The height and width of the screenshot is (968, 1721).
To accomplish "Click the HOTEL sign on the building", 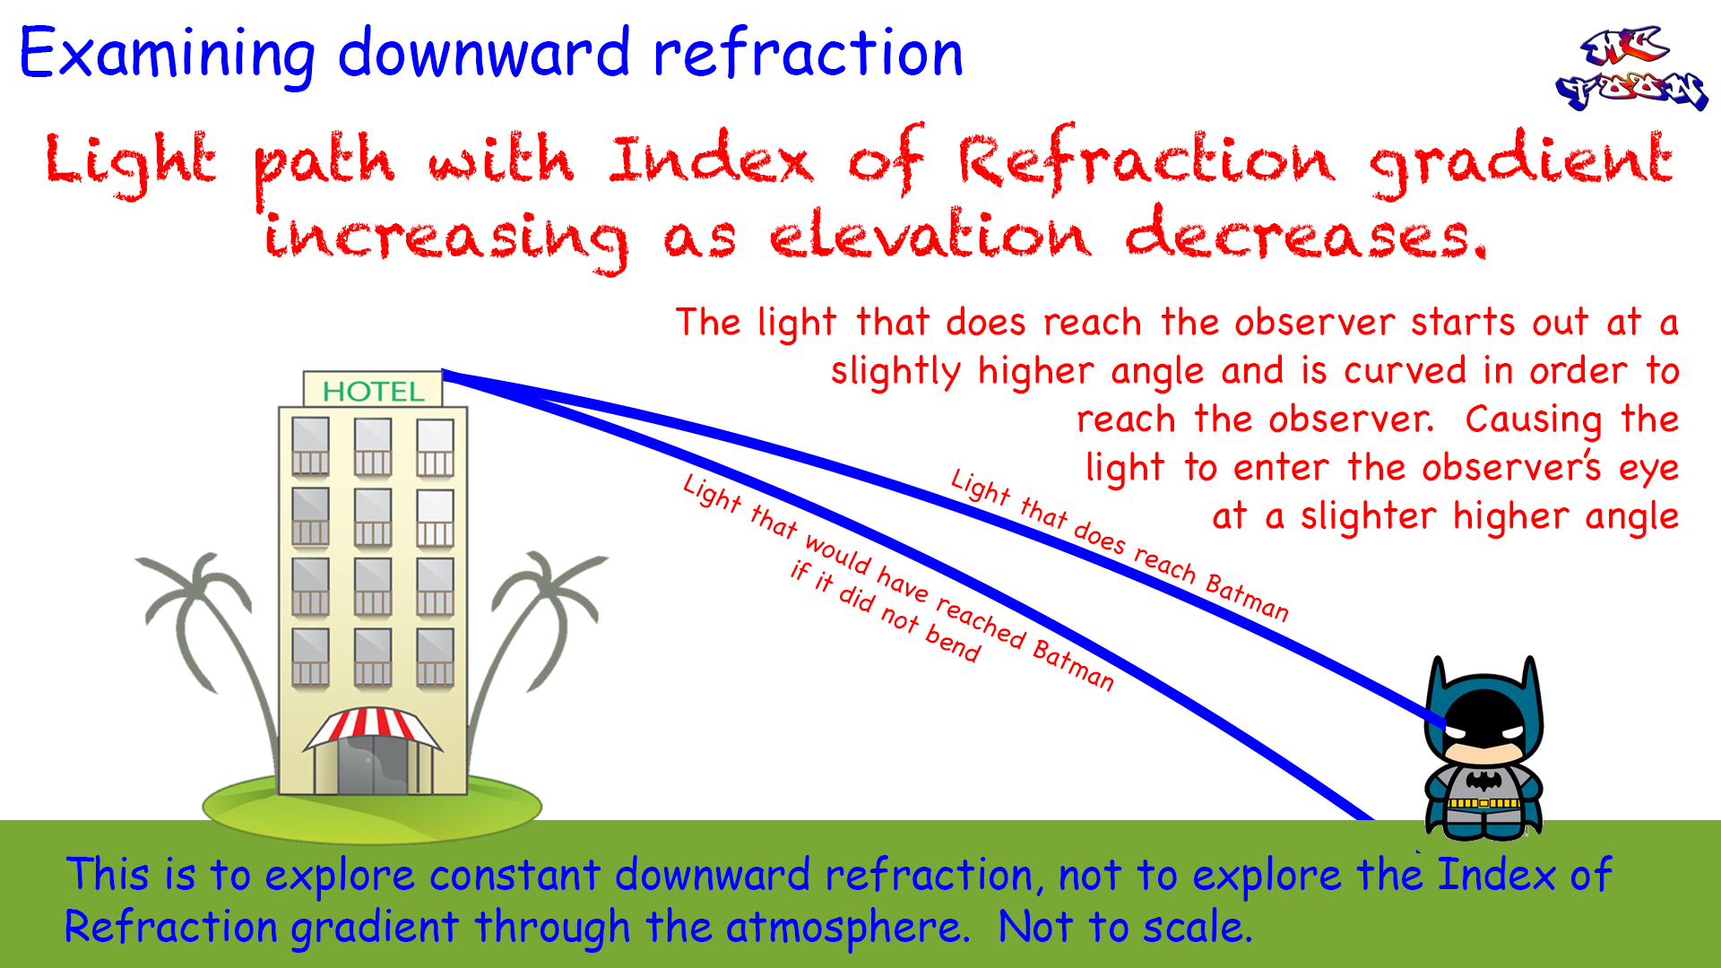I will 373,391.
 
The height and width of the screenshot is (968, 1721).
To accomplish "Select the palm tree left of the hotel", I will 206,627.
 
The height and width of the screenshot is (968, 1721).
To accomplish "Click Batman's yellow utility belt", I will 1483,803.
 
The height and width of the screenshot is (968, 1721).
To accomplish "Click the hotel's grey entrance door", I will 373,766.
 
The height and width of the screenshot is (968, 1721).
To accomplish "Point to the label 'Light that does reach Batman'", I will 1120,545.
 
